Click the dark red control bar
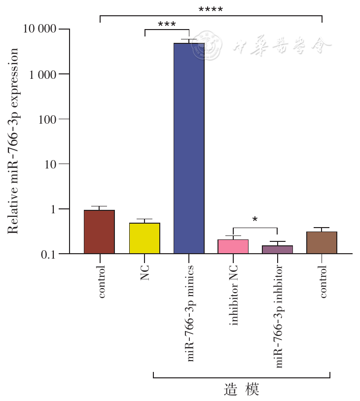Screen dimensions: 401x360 (x=99, y=232)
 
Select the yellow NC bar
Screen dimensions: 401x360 (x=144, y=238)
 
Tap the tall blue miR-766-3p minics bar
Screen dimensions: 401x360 (x=189, y=148)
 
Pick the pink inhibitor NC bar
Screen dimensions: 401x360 (x=233, y=246)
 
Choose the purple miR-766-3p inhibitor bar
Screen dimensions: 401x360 (x=278, y=249)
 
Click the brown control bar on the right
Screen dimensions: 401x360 (x=322, y=243)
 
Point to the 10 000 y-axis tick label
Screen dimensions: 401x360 (x=40, y=30)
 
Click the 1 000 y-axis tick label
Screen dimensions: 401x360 (x=43, y=74)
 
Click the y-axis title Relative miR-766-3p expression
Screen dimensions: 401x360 (x=13, y=141)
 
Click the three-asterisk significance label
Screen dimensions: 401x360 (x=167, y=24)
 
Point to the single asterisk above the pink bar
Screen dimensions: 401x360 (x=255, y=220)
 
